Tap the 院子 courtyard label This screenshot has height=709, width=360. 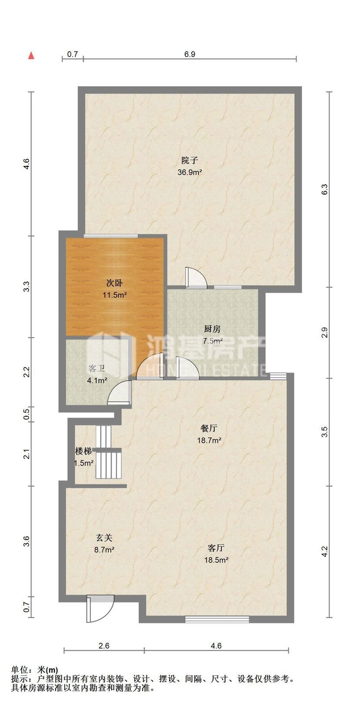(190, 160)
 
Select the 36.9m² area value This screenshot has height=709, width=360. (190, 172)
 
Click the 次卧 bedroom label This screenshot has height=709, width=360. (114, 283)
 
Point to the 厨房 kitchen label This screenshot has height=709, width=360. (212, 329)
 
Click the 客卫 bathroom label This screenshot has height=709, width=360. (97, 368)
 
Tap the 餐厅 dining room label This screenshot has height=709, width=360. (209, 428)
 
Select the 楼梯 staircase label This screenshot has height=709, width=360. (83, 451)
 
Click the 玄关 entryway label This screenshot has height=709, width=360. (104, 538)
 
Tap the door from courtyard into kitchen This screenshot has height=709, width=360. (196, 278)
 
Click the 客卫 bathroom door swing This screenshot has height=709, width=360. (119, 393)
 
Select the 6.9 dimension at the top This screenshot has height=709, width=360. (190, 54)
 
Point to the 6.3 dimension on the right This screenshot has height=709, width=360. (325, 189)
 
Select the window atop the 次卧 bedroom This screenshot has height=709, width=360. (111, 235)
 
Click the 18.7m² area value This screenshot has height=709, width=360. (209, 440)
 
